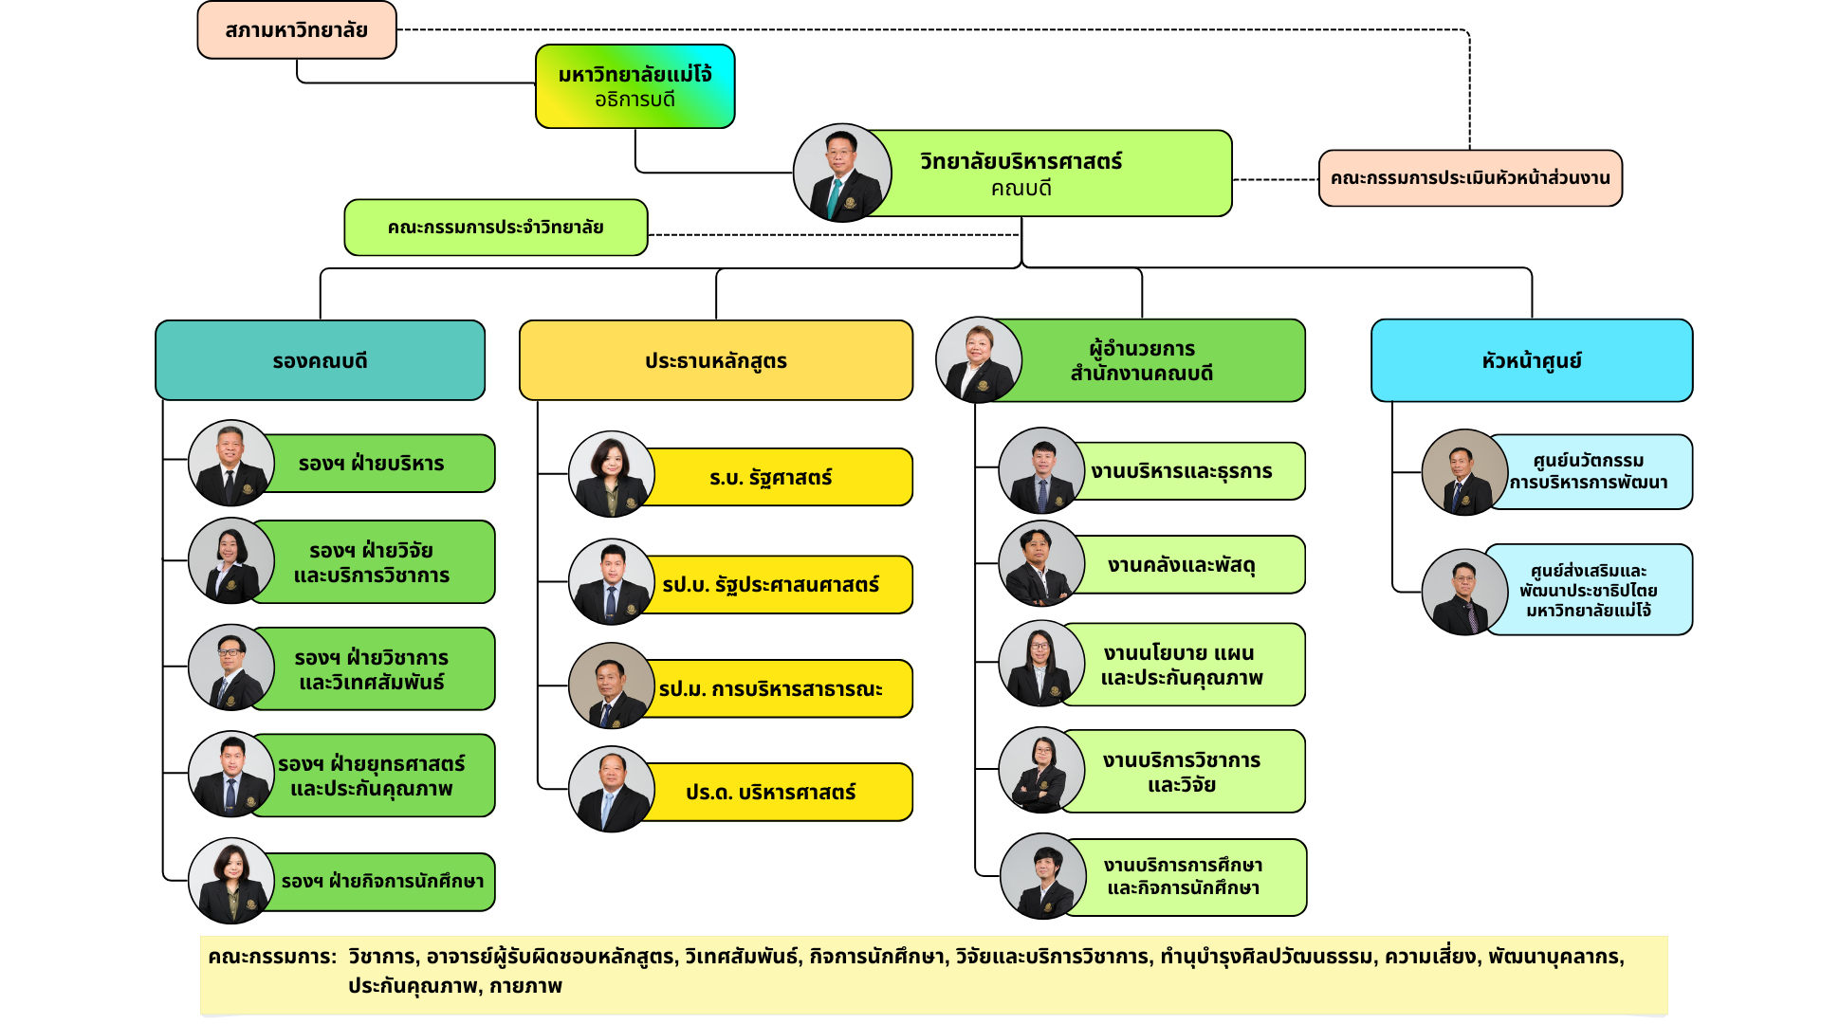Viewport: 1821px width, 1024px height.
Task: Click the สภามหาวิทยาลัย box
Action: pyautogui.click(x=297, y=30)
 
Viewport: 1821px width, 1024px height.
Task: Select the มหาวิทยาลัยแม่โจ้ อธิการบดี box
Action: pyautogui.click(x=635, y=86)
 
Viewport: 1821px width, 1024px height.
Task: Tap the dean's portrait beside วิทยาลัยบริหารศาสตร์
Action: pyautogui.click(x=841, y=173)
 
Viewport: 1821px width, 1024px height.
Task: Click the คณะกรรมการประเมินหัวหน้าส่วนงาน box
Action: pyautogui.click(x=1470, y=178)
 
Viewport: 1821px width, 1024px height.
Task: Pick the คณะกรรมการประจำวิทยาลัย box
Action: pyautogui.click(x=495, y=228)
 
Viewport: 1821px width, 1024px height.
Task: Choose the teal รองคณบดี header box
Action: pyautogui.click(x=320, y=361)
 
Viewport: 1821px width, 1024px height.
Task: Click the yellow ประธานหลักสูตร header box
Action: pyautogui.click(x=716, y=361)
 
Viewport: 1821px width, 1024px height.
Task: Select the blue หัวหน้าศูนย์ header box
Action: pyautogui.click(x=1532, y=361)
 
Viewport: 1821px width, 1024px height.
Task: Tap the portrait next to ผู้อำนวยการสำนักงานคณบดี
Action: pyautogui.click(x=978, y=360)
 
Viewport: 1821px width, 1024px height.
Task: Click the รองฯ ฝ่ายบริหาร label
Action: pyautogui.click(x=372, y=464)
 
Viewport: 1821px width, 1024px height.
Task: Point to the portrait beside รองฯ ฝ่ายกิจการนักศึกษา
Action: pyautogui.click(x=230, y=880)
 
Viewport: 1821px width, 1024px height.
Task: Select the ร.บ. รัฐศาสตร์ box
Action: pyautogui.click(x=770, y=478)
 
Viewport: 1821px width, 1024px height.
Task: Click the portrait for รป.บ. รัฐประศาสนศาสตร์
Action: pyautogui.click(x=611, y=581)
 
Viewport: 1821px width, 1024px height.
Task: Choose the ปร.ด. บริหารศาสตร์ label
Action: pyautogui.click(x=770, y=793)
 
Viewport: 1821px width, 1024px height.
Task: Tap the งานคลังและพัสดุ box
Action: pyautogui.click(x=1182, y=566)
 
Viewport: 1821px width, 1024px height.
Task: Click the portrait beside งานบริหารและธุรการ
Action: pyautogui.click(x=1041, y=470)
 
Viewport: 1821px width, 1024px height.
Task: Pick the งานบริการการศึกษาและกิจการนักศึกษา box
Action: pyautogui.click(x=1184, y=877)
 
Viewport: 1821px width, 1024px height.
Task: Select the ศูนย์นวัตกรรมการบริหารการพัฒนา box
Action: pyautogui.click(x=1589, y=472)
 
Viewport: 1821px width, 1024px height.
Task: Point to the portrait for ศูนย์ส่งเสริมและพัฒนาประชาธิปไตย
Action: pyautogui.click(x=1463, y=592)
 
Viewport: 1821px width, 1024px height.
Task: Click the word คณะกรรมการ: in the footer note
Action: pyautogui.click(x=272, y=957)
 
